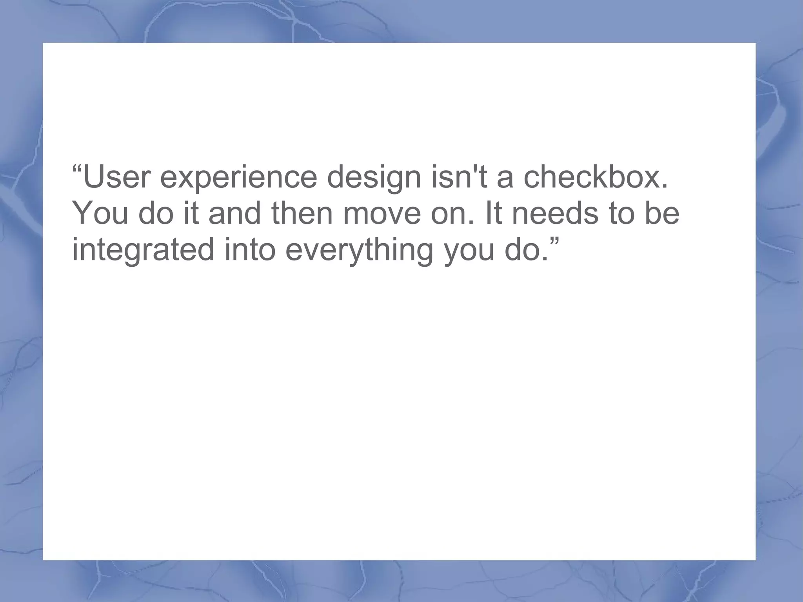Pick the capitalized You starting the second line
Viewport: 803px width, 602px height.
coord(100,213)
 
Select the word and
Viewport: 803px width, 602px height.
coord(234,213)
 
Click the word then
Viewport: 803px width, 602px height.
coord(302,213)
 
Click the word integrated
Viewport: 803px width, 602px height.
coord(143,251)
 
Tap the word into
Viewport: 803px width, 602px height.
coord(250,250)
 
